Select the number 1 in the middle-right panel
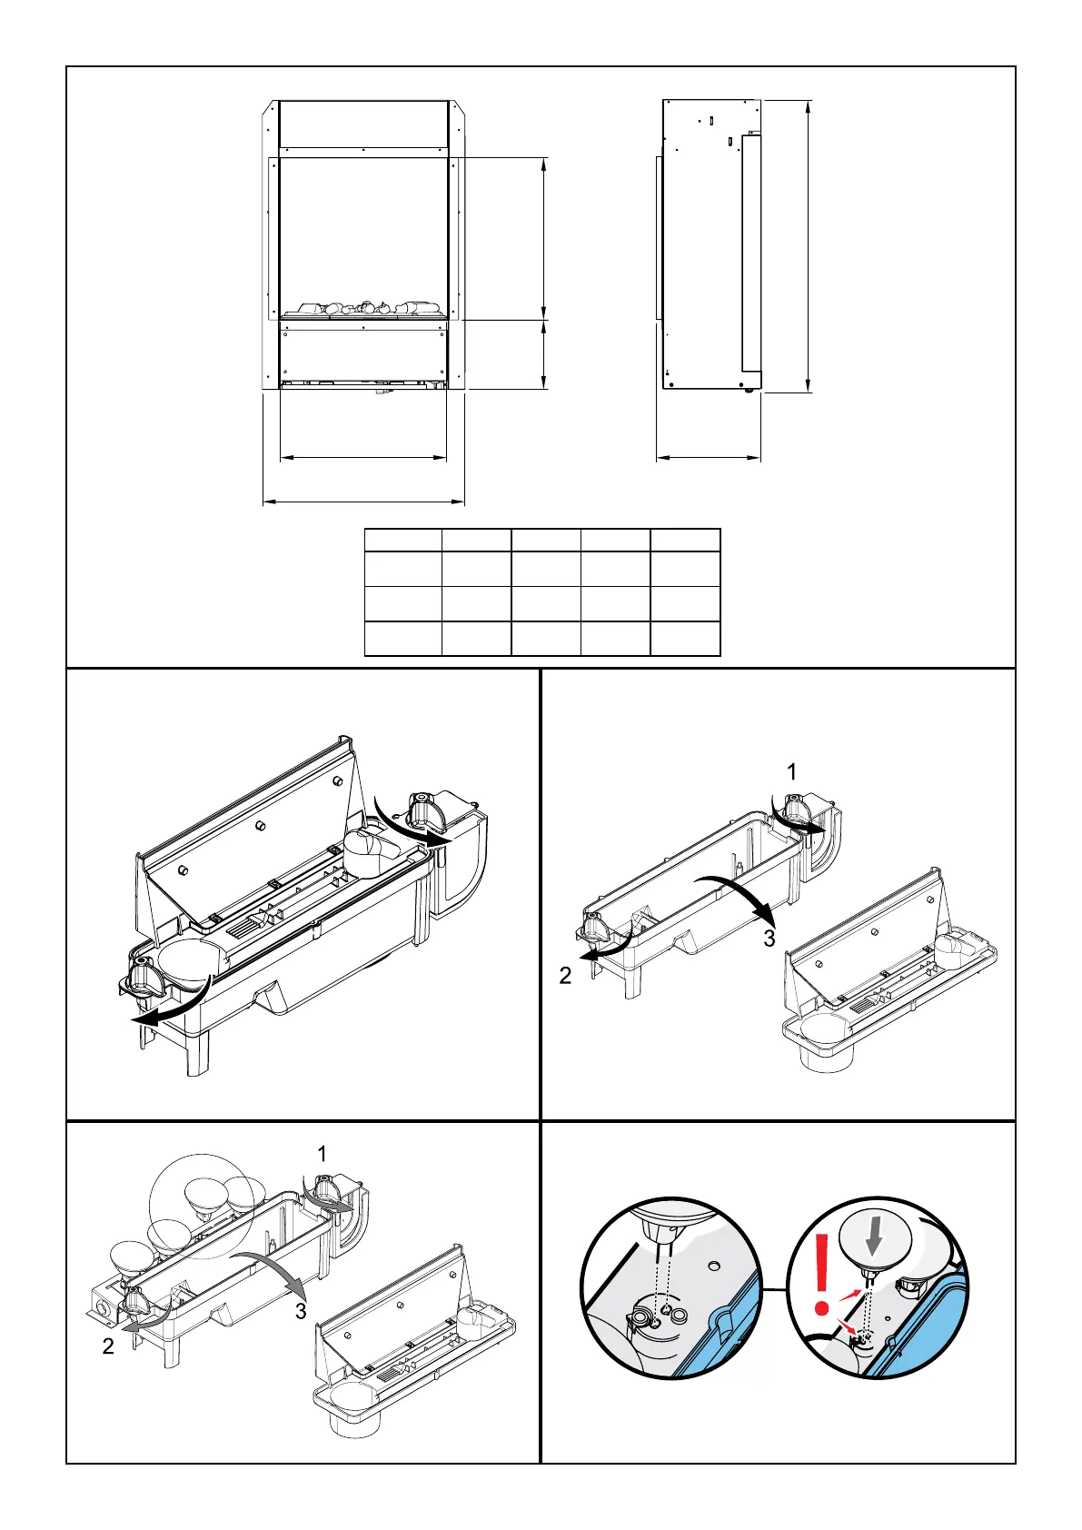click(x=791, y=772)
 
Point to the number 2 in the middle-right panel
click(x=566, y=977)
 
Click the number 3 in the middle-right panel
click(x=769, y=939)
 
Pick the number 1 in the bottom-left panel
click(x=322, y=1154)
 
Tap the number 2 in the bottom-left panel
click(x=108, y=1346)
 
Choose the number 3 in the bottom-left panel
click(x=301, y=1311)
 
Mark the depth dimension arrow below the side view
click(x=709, y=458)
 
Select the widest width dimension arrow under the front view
click(x=363, y=501)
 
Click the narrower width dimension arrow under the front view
click(x=363, y=457)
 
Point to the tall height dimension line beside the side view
click(x=808, y=245)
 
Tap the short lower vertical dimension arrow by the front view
click(x=543, y=354)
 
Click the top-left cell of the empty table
click(x=402, y=540)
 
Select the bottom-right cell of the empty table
click(x=685, y=639)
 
